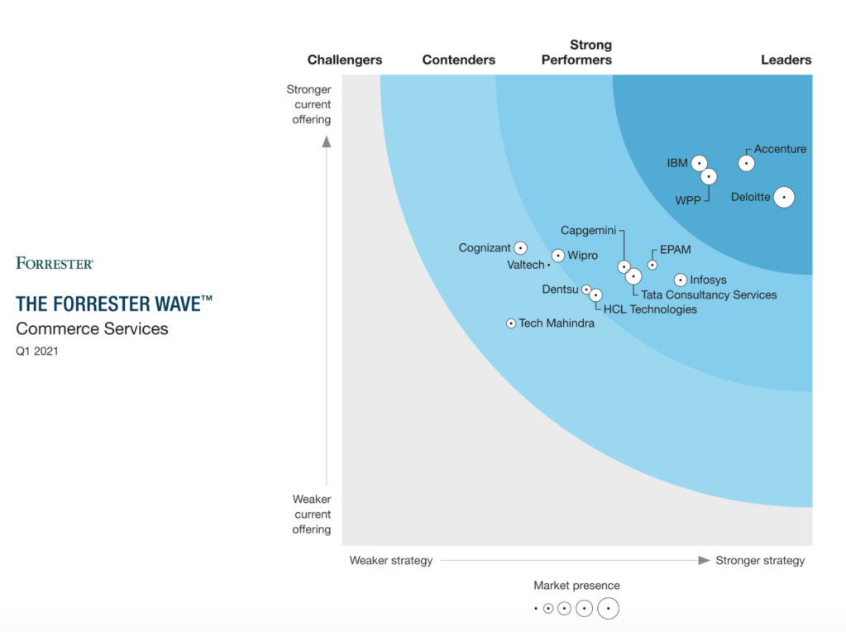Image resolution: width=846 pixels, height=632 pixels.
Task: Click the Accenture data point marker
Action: tap(746, 163)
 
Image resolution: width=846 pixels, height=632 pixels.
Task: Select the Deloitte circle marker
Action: tap(783, 197)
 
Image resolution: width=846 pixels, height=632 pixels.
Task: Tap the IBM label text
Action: tap(677, 163)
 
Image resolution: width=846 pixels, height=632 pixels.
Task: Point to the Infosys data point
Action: tap(681, 280)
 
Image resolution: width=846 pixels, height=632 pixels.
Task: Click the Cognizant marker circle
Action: tap(520, 248)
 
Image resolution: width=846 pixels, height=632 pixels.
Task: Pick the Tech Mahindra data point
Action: tap(511, 323)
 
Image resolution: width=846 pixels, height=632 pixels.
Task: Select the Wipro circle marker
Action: tap(558, 256)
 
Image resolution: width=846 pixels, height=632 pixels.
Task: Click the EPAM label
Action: tap(675, 250)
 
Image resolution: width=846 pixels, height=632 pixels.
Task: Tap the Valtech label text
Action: tap(526, 265)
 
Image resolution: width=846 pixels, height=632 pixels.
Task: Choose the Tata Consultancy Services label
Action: tap(709, 294)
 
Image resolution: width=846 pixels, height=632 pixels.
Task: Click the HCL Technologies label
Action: tap(650, 309)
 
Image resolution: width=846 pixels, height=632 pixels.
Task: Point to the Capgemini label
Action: tap(588, 231)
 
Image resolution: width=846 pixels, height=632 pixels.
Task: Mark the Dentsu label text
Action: tap(561, 290)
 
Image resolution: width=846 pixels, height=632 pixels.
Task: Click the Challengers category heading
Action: tap(345, 60)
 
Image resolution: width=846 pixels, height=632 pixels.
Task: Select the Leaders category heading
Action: tap(786, 60)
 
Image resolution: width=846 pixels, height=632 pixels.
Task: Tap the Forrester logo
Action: tap(55, 263)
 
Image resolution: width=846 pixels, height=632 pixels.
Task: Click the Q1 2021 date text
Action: tap(37, 351)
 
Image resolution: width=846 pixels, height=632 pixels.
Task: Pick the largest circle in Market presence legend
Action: tap(608, 609)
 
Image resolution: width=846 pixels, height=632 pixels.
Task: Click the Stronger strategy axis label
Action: tap(760, 560)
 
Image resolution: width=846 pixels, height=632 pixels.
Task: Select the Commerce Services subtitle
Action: tap(92, 328)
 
